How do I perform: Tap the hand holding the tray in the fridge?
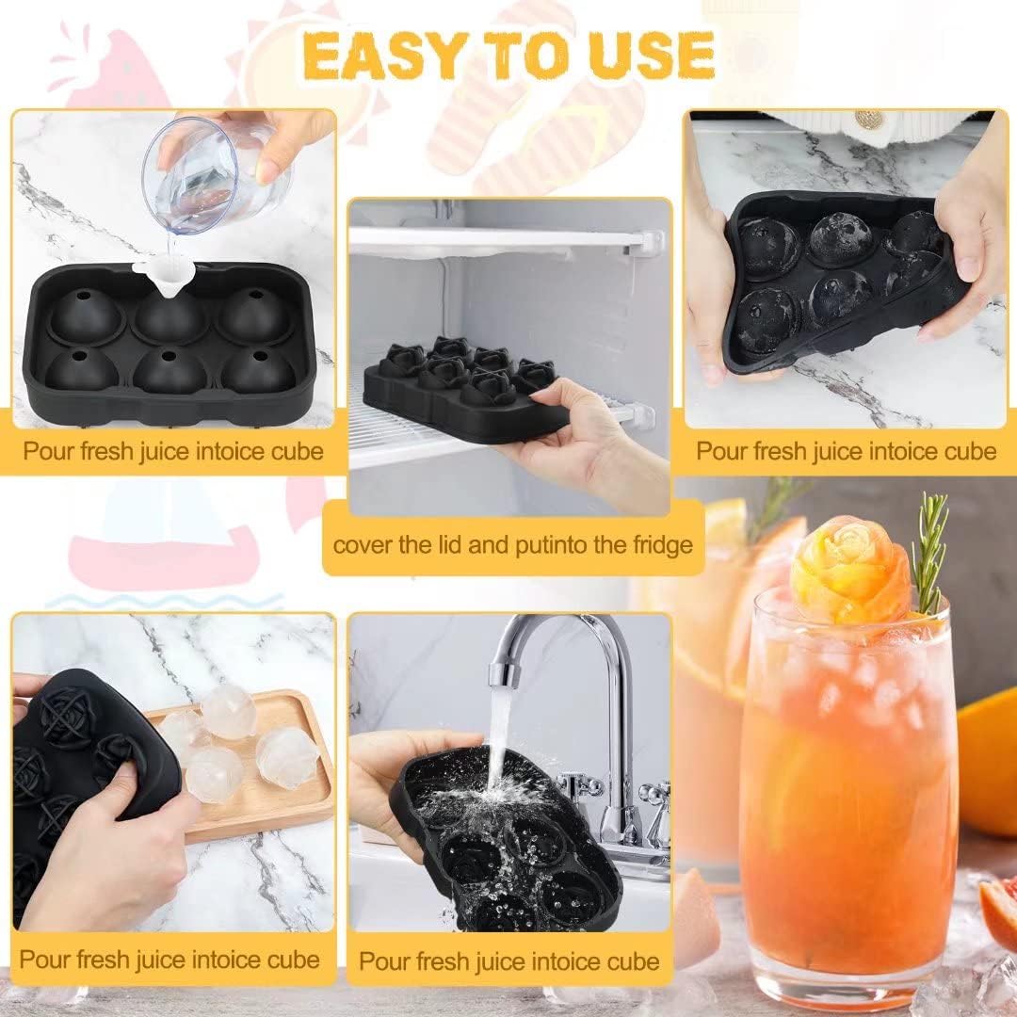(x=584, y=441)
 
